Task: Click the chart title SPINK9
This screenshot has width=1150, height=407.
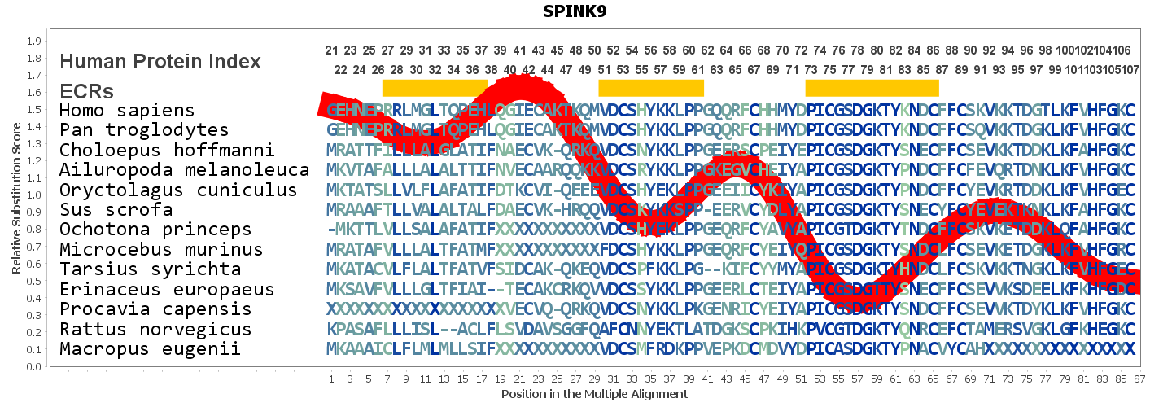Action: coord(575,12)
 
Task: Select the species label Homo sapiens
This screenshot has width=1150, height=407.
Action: coord(127,111)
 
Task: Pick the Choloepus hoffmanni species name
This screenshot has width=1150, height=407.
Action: coord(167,151)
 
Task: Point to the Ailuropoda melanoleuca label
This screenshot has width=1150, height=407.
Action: coord(184,170)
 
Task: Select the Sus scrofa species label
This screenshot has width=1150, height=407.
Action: coord(116,210)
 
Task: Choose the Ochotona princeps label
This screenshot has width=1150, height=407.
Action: coord(156,230)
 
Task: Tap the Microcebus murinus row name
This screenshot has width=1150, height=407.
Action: coord(161,250)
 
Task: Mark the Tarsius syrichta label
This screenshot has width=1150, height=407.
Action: coord(151,269)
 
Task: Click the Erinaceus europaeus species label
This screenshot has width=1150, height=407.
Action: coord(167,290)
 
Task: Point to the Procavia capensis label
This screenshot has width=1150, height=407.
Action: coord(156,309)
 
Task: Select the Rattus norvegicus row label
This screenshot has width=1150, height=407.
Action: coord(161,330)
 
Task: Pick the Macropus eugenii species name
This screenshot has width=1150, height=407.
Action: coord(151,349)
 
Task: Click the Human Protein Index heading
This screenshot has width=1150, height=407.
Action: coord(160,62)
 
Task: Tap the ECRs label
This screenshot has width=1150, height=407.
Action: coord(86,90)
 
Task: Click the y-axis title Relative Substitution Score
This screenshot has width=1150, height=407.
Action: coord(15,194)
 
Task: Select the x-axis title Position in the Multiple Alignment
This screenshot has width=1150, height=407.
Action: coord(594,394)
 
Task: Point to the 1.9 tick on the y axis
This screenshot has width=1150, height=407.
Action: coord(35,42)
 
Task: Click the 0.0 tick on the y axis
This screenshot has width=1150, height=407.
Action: coord(35,367)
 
